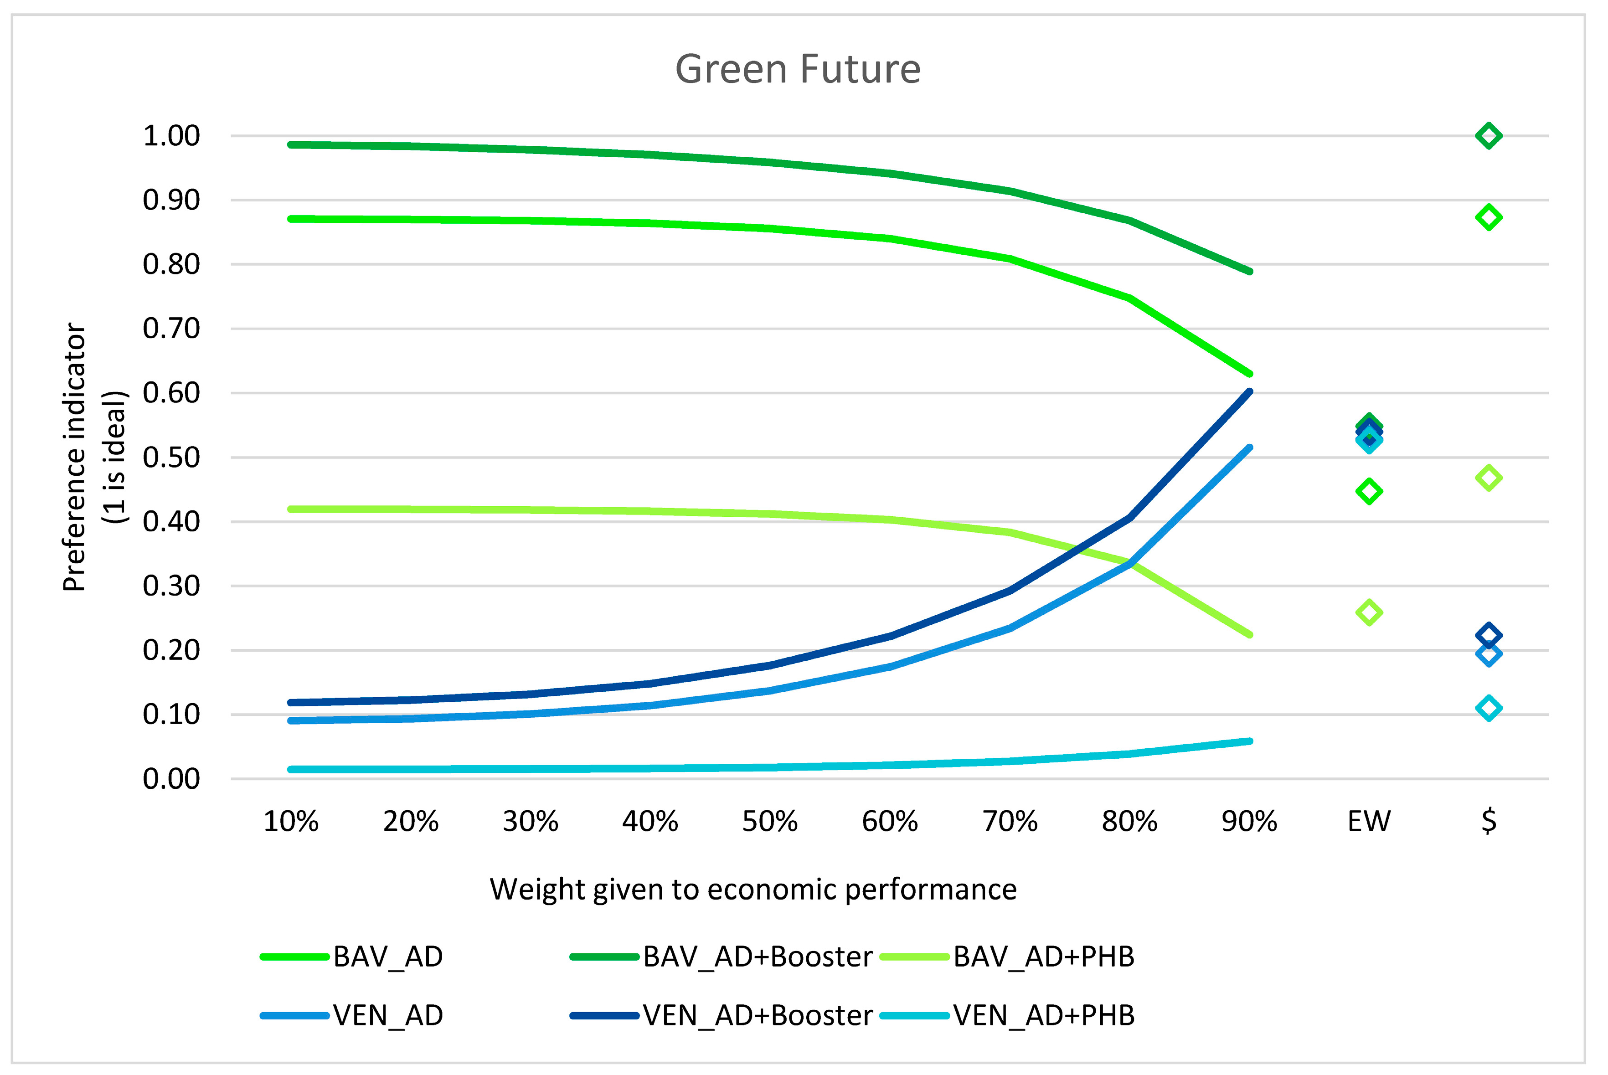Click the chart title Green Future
[x=798, y=69]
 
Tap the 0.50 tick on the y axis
[x=171, y=457]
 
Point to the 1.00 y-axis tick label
[x=171, y=136]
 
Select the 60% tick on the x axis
[x=889, y=821]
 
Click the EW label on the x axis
[x=1369, y=821]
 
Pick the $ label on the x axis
[x=1489, y=821]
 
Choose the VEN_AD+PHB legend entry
[x=1043, y=1015]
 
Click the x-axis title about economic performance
[x=753, y=889]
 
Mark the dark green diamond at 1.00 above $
[x=1489, y=136]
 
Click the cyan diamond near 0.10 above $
[x=1489, y=708]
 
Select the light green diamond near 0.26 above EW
[x=1369, y=612]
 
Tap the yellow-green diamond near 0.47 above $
[x=1489, y=478]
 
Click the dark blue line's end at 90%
[x=1249, y=392]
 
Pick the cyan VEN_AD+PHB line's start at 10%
[x=291, y=769]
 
